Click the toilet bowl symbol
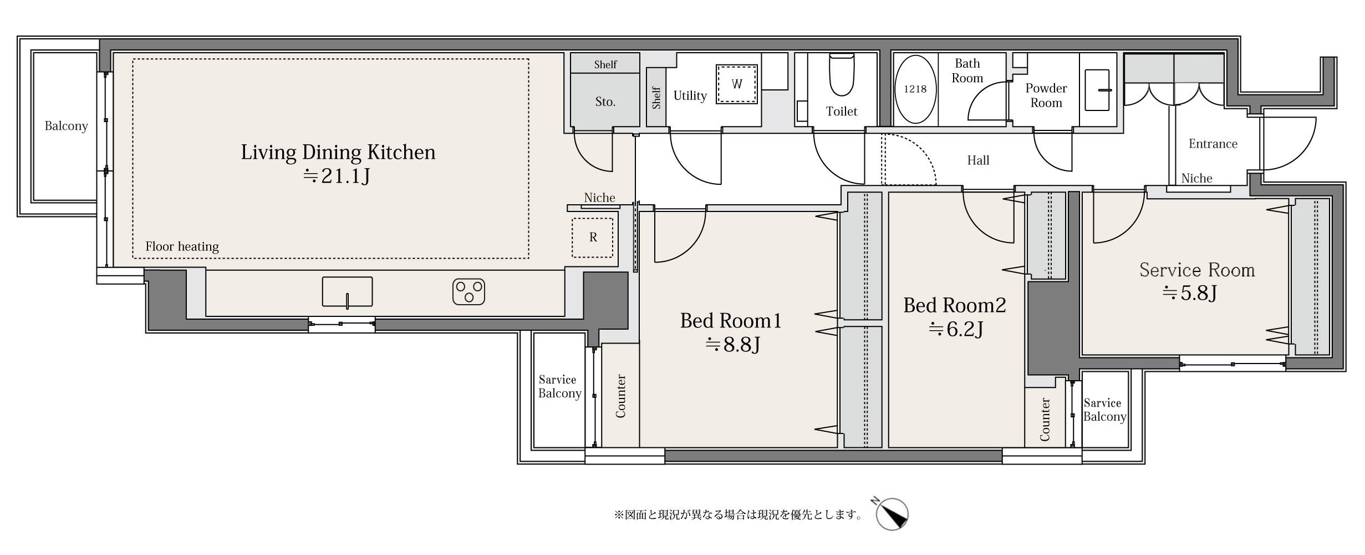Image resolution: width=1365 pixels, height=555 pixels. tap(841, 75)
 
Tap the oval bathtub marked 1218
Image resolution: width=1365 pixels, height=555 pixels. tap(915, 89)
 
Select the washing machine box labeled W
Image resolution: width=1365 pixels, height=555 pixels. tap(737, 84)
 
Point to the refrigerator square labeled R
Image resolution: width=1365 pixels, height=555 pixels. tap(593, 238)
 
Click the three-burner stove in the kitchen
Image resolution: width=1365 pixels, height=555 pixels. tap(468, 292)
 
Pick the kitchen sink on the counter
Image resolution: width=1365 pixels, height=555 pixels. tap(347, 292)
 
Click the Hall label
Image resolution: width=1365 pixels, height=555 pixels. tap(978, 160)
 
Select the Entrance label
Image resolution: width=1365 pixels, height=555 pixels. tap(1213, 144)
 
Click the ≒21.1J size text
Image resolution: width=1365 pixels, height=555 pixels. tap(337, 176)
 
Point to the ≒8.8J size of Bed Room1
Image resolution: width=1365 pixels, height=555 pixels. tap(732, 345)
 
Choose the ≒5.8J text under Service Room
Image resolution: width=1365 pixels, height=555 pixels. tap(1189, 292)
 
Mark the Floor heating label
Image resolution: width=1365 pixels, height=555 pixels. tap(182, 246)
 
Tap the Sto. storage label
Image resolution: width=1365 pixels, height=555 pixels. tap(605, 102)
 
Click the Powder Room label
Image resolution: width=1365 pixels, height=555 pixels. tap(1046, 95)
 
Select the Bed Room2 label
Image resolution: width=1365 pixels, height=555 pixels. tap(954, 305)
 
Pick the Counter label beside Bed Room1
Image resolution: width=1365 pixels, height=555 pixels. tap(620, 396)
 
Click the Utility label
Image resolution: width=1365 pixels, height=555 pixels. tap(690, 95)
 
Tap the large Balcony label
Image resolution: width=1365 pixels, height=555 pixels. tap(66, 126)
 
